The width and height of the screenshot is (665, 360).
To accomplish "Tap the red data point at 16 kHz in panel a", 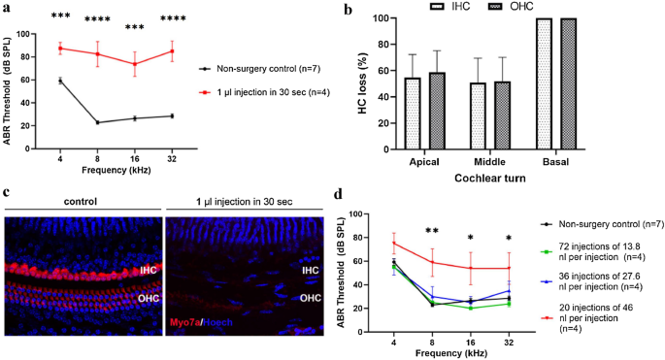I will pos(135,64).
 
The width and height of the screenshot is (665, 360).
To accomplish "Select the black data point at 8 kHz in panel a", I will pos(97,122).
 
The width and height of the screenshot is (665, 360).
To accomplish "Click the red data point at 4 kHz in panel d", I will pos(394,244).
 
